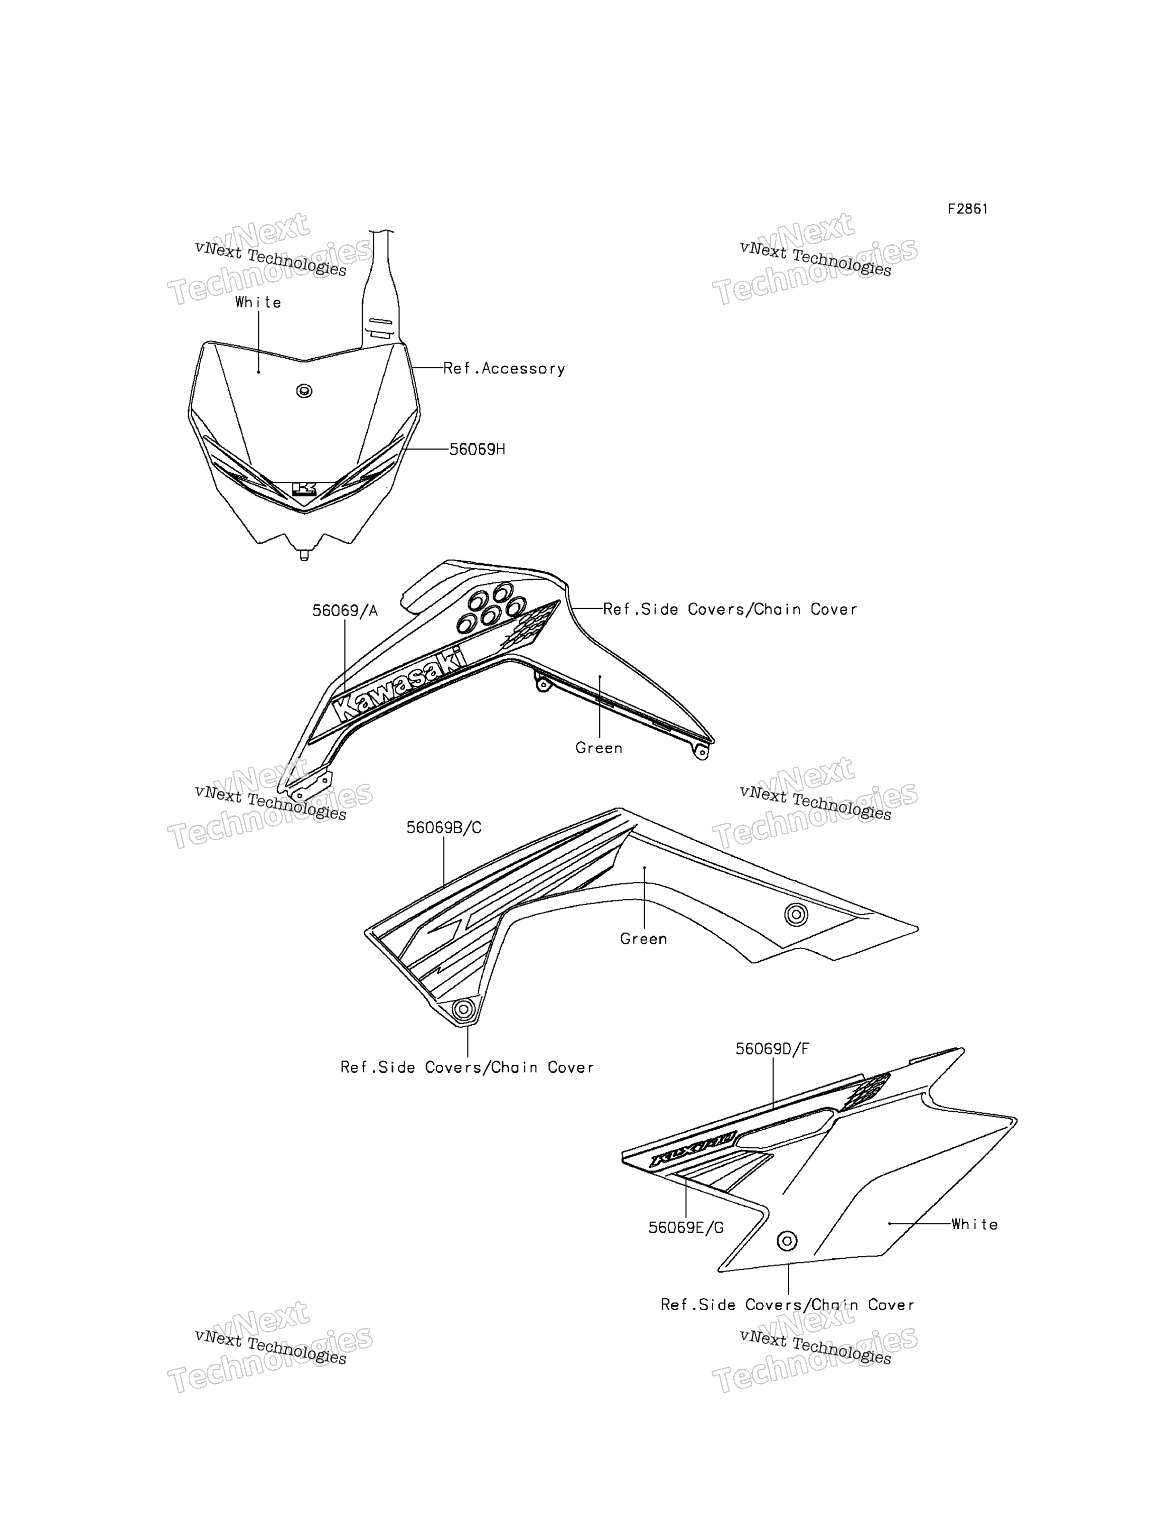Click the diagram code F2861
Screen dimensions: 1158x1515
coord(967,209)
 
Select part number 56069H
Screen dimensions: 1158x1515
coord(477,450)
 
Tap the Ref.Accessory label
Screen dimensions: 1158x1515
coord(504,369)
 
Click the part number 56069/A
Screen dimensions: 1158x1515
coord(344,611)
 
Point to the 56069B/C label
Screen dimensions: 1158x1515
coord(444,828)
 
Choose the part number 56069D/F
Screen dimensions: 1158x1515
coord(772,1049)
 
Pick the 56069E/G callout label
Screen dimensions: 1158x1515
coord(686,1228)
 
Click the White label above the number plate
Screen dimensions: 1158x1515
coord(258,303)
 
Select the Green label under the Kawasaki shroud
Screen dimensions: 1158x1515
coord(599,748)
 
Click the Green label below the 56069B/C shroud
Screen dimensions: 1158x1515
coord(644,939)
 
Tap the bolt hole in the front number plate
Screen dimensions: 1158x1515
coord(304,391)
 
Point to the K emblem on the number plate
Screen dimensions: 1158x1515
coord(304,489)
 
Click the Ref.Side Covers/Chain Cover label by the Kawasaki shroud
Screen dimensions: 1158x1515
coord(730,610)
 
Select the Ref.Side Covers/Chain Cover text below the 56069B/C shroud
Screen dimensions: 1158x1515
coord(468,1067)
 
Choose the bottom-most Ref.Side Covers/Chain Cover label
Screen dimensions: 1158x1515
coord(788,1305)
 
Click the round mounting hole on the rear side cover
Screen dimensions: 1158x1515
coord(787,1241)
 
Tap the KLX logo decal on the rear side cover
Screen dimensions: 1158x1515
coord(693,1149)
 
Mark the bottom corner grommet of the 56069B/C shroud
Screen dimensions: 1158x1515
coord(464,1009)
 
